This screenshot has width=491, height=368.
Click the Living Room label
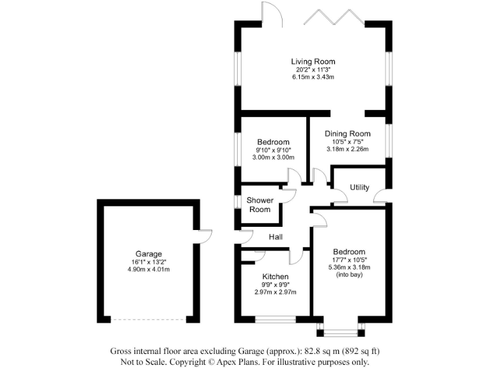point(313,62)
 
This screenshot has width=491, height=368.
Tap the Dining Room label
point(347,134)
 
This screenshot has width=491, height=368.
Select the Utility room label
point(359,187)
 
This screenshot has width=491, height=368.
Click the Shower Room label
point(260,204)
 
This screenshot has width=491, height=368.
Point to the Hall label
point(276,237)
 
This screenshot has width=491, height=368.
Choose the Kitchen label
point(276,276)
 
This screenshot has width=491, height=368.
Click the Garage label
point(148,254)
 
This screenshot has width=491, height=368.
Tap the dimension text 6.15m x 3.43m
point(313,77)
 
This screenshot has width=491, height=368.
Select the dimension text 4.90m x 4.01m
point(148,269)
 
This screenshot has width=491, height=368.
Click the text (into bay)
point(349,275)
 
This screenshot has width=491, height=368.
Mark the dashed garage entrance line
point(148,319)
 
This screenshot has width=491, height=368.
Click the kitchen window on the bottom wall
point(276,318)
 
